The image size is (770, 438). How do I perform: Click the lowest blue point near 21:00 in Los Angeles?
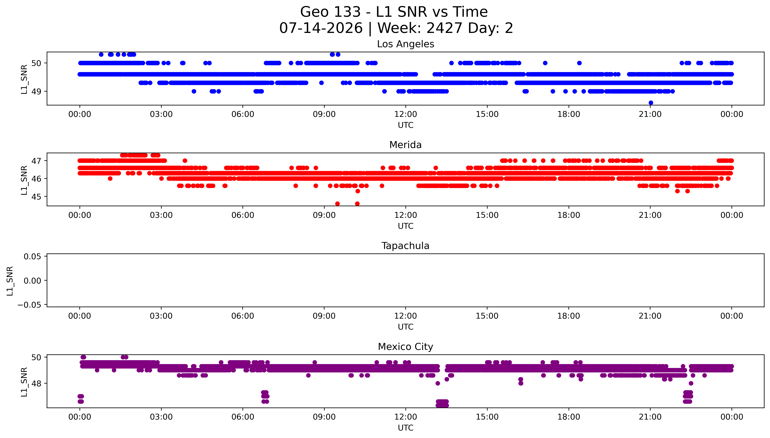(x=651, y=103)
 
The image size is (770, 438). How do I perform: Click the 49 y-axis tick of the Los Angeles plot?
(x=36, y=91)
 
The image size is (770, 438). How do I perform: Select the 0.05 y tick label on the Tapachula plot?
(x=33, y=257)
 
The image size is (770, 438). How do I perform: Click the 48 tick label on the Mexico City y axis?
(x=36, y=384)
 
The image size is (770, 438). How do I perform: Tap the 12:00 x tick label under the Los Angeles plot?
(x=406, y=114)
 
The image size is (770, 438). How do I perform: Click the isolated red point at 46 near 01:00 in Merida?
(x=110, y=179)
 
